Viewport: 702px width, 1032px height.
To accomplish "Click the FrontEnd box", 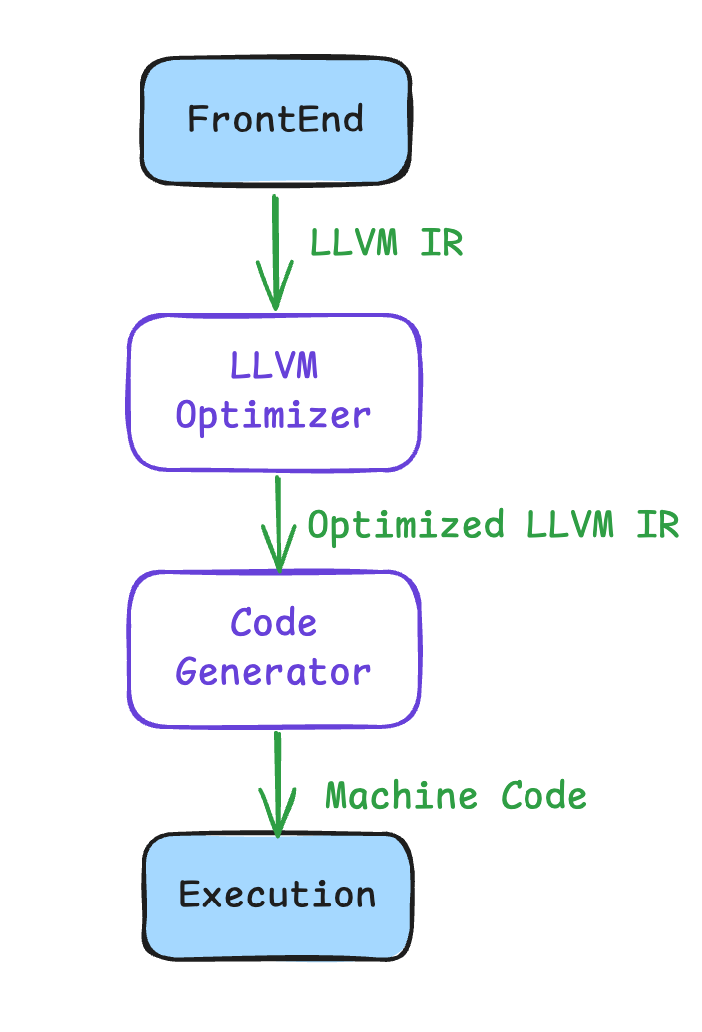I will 275,121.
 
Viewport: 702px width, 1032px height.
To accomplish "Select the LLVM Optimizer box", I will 274,392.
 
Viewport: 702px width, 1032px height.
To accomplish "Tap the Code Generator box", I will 274,648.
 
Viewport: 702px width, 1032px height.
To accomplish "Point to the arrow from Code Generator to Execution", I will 277,782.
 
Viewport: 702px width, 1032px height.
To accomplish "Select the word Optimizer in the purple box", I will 273,416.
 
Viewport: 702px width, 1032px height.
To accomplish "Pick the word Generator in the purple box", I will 273,672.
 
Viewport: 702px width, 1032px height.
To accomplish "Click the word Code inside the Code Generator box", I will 274,624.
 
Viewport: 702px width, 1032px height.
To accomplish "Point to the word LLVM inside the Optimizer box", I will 274,366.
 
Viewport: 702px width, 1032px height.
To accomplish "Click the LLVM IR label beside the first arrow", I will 387,242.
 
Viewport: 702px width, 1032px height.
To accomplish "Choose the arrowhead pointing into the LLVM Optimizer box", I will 275,294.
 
